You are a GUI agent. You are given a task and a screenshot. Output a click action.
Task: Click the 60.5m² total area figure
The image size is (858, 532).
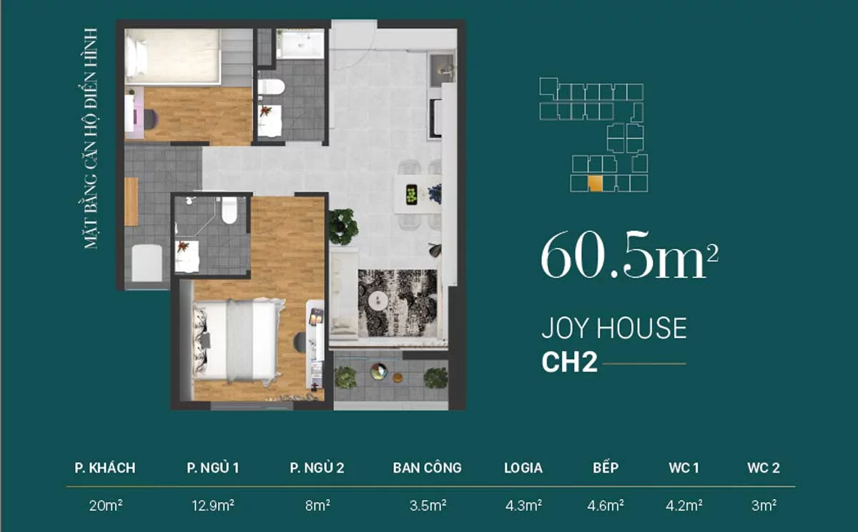629,256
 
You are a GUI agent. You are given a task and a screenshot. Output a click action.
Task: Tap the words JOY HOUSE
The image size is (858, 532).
614,329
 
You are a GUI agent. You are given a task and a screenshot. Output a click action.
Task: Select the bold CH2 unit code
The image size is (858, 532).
569,362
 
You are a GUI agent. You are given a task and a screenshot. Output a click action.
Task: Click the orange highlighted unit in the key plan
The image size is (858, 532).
595,184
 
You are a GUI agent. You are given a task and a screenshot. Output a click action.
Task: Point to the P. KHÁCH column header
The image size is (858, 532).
105,468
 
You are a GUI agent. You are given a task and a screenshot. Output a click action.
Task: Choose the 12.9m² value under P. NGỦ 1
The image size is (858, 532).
213,506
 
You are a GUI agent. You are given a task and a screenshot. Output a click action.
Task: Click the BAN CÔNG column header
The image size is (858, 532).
427,468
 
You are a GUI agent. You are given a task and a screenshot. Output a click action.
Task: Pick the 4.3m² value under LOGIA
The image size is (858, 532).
523,506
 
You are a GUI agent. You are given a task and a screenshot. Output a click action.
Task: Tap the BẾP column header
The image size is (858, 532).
606,468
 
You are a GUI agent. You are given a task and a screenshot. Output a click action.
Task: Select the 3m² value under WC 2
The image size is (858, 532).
764,506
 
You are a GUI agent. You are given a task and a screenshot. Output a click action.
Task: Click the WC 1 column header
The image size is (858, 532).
684,468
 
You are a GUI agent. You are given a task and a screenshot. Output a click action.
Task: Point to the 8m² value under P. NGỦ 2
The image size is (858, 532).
317,506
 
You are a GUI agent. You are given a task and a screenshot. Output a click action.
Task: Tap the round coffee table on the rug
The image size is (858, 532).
378,299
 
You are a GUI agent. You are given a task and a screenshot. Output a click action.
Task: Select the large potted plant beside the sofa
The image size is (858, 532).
343,226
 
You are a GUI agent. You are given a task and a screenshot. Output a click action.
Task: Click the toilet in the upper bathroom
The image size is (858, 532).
271,87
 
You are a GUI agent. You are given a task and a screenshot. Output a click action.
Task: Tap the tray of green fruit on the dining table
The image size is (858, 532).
411,195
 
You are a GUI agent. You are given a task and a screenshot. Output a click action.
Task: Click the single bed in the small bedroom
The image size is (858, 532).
172,57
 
